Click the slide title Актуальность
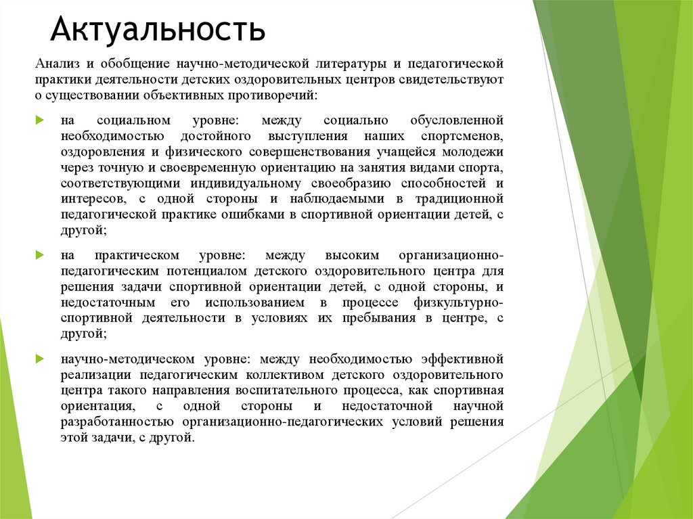pos(158,30)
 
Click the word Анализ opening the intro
pos(58,64)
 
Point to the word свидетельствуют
pos(451,80)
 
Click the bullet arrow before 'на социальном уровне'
pos(40,120)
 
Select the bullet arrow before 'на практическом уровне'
pos(40,256)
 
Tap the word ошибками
pos(228,214)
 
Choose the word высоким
pos(351,256)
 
